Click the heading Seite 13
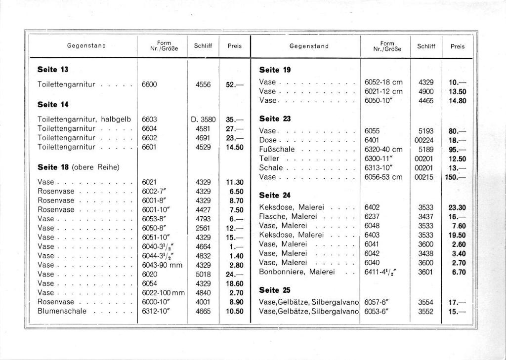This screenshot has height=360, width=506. coord(52,69)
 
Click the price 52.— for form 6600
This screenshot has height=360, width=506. coord(234,84)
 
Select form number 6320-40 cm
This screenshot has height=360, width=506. coord(383,149)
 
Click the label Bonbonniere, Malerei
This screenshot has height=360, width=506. coord(297,272)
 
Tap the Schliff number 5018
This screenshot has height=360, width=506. coord(203,274)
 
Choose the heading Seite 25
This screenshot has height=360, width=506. coord(275,290)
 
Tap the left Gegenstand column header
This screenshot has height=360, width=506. coord(86,46)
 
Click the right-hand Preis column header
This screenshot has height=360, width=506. coord(457,46)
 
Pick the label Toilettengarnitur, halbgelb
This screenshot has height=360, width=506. coord(84,119)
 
